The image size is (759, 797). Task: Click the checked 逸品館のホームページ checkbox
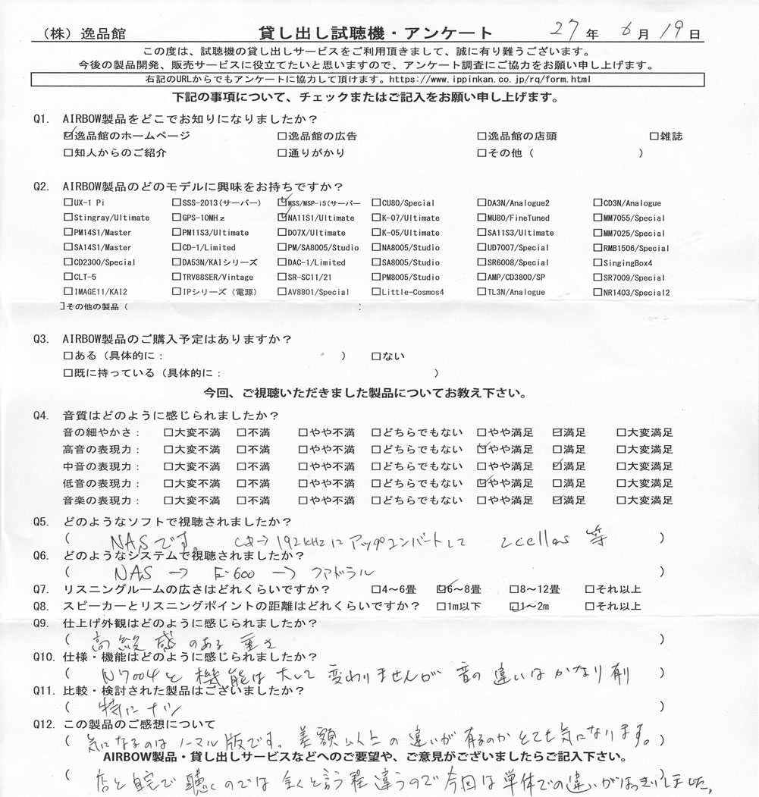click(x=69, y=136)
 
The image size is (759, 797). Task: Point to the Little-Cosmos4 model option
click(x=412, y=292)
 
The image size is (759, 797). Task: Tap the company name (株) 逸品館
click(x=84, y=33)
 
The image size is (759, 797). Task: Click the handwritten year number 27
click(x=564, y=30)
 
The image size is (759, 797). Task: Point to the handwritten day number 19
click(x=676, y=32)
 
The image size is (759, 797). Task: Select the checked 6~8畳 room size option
click(x=442, y=589)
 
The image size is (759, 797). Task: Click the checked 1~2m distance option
click(x=516, y=606)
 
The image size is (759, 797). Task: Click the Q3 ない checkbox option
click(x=376, y=356)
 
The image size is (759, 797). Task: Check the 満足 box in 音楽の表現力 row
click(x=557, y=500)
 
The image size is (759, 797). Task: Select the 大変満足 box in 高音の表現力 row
click(x=620, y=450)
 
